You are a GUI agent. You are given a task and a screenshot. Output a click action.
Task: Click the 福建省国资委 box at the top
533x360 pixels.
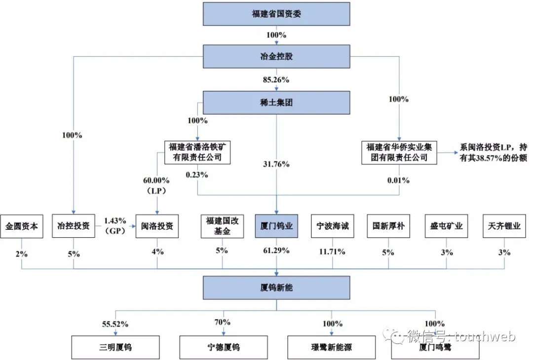pos(276,14)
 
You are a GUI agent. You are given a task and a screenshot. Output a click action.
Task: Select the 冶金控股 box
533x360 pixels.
pos(276,56)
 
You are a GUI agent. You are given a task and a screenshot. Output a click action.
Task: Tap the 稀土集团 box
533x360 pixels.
pos(276,103)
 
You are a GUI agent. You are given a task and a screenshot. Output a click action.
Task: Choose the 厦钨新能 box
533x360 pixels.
pos(276,288)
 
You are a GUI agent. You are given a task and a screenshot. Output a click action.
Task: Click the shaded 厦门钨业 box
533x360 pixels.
pos(276,226)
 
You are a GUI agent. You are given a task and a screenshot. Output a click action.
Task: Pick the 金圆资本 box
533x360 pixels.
pos(22,226)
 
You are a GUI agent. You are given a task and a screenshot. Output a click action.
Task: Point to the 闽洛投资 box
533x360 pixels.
pos(157,226)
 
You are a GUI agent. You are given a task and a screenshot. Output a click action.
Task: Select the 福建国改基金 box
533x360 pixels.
pos(222,226)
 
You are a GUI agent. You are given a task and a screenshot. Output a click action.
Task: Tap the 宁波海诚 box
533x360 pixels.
pos(333,226)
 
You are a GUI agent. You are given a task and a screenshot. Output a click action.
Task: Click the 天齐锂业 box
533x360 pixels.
pos(504,226)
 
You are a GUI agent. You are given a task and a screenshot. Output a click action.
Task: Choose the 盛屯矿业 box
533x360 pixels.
pos(446,226)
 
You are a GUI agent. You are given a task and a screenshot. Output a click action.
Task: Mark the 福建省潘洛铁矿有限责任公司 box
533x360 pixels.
pos(197,152)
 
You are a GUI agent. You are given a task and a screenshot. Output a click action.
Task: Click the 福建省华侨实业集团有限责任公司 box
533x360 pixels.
pos(399,152)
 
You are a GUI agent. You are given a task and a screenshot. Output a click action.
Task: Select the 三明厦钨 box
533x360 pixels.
pos(115,348)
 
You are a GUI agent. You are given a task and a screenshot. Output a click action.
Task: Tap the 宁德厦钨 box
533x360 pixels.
pos(224,348)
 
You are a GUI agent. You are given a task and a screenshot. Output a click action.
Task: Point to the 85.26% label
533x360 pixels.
pos(276,80)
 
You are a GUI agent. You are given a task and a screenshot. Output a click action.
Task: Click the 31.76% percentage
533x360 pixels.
pos(276,164)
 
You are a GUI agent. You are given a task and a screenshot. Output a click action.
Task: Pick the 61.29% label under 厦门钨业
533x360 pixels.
pos(276,251)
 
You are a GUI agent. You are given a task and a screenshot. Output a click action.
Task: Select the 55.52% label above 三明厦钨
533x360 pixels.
pos(115,324)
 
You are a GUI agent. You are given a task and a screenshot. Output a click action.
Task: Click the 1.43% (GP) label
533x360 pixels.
pos(115,226)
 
